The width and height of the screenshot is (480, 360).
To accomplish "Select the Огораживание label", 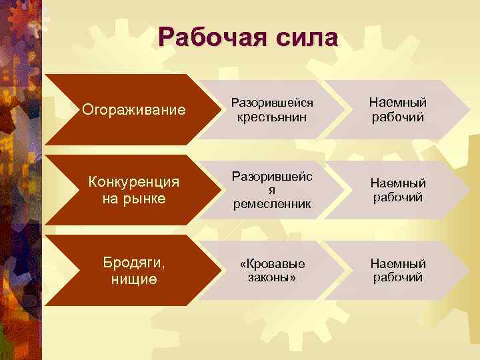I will click(x=133, y=109).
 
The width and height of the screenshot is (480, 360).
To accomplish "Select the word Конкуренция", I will click(x=133, y=183).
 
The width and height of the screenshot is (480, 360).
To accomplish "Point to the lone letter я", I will click(x=272, y=190).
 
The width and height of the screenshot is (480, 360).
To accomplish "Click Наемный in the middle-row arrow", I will click(x=398, y=183).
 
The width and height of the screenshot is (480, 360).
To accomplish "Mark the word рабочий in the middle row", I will click(x=398, y=197).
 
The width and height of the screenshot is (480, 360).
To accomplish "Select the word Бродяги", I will click(x=133, y=263).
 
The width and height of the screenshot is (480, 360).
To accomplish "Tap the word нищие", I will click(x=133, y=279).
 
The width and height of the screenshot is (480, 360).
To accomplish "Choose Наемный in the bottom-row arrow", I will click(x=398, y=263).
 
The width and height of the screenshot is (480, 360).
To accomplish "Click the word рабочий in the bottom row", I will click(x=398, y=277).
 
